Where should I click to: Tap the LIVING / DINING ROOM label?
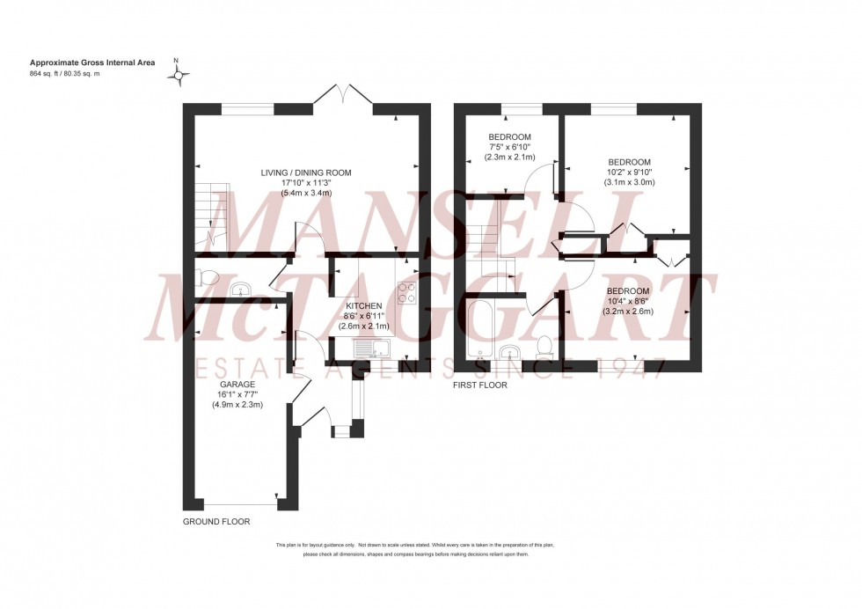[305, 172]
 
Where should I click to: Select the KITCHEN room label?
[363, 305]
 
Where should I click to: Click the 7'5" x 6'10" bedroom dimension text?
[510, 146]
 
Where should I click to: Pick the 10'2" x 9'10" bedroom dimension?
[629, 172]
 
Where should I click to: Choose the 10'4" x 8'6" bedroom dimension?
[628, 301]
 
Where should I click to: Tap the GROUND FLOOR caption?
[215, 522]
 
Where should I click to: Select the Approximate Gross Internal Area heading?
[92, 62]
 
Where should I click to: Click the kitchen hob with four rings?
[406, 292]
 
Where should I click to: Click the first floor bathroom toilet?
[544, 345]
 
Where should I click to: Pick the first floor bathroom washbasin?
[508, 354]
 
